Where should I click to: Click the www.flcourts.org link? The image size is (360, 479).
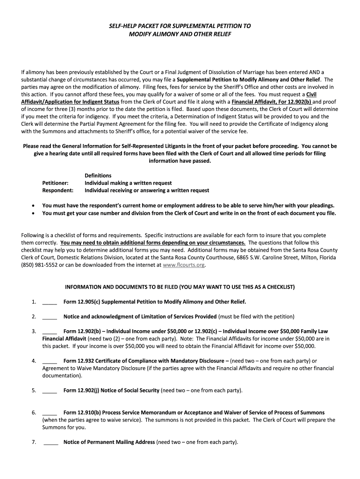pos(184,265)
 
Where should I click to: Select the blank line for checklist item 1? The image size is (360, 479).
pos(50,302)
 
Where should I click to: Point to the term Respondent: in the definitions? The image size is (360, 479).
pos(58,190)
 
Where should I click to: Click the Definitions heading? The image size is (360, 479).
pos(98,175)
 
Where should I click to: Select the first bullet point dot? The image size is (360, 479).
pos(33,205)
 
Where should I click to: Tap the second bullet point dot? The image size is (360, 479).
pos(33,213)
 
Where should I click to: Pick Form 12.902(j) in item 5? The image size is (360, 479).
pos(81,390)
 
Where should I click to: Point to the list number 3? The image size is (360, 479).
pos(34,331)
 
